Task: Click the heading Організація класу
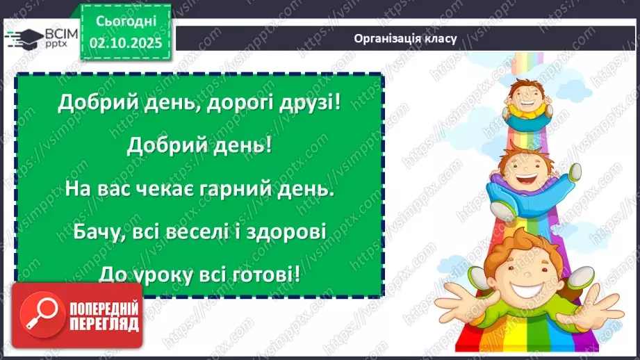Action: click(x=405, y=38)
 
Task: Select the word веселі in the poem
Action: click(x=199, y=231)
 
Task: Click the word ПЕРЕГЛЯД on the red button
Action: click(x=104, y=324)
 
